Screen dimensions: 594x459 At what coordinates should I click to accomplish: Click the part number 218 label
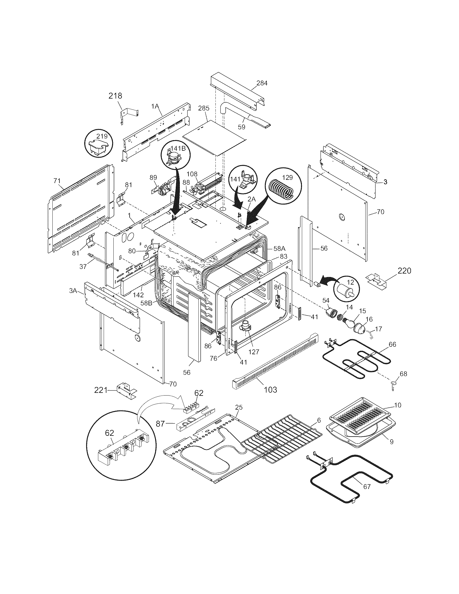[115, 96]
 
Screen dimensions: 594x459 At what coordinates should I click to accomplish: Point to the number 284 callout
[262, 83]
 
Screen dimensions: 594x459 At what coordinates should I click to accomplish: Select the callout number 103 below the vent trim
[271, 390]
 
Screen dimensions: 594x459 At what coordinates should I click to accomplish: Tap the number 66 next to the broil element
[392, 345]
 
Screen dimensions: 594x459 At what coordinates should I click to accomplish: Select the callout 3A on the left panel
[73, 291]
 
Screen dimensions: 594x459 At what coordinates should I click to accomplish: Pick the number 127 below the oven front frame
[253, 352]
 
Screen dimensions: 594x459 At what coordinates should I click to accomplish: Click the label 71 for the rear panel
[57, 181]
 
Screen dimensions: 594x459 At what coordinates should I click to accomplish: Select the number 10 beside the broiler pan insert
[397, 413]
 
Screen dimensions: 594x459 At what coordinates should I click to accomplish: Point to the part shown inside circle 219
[99, 146]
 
